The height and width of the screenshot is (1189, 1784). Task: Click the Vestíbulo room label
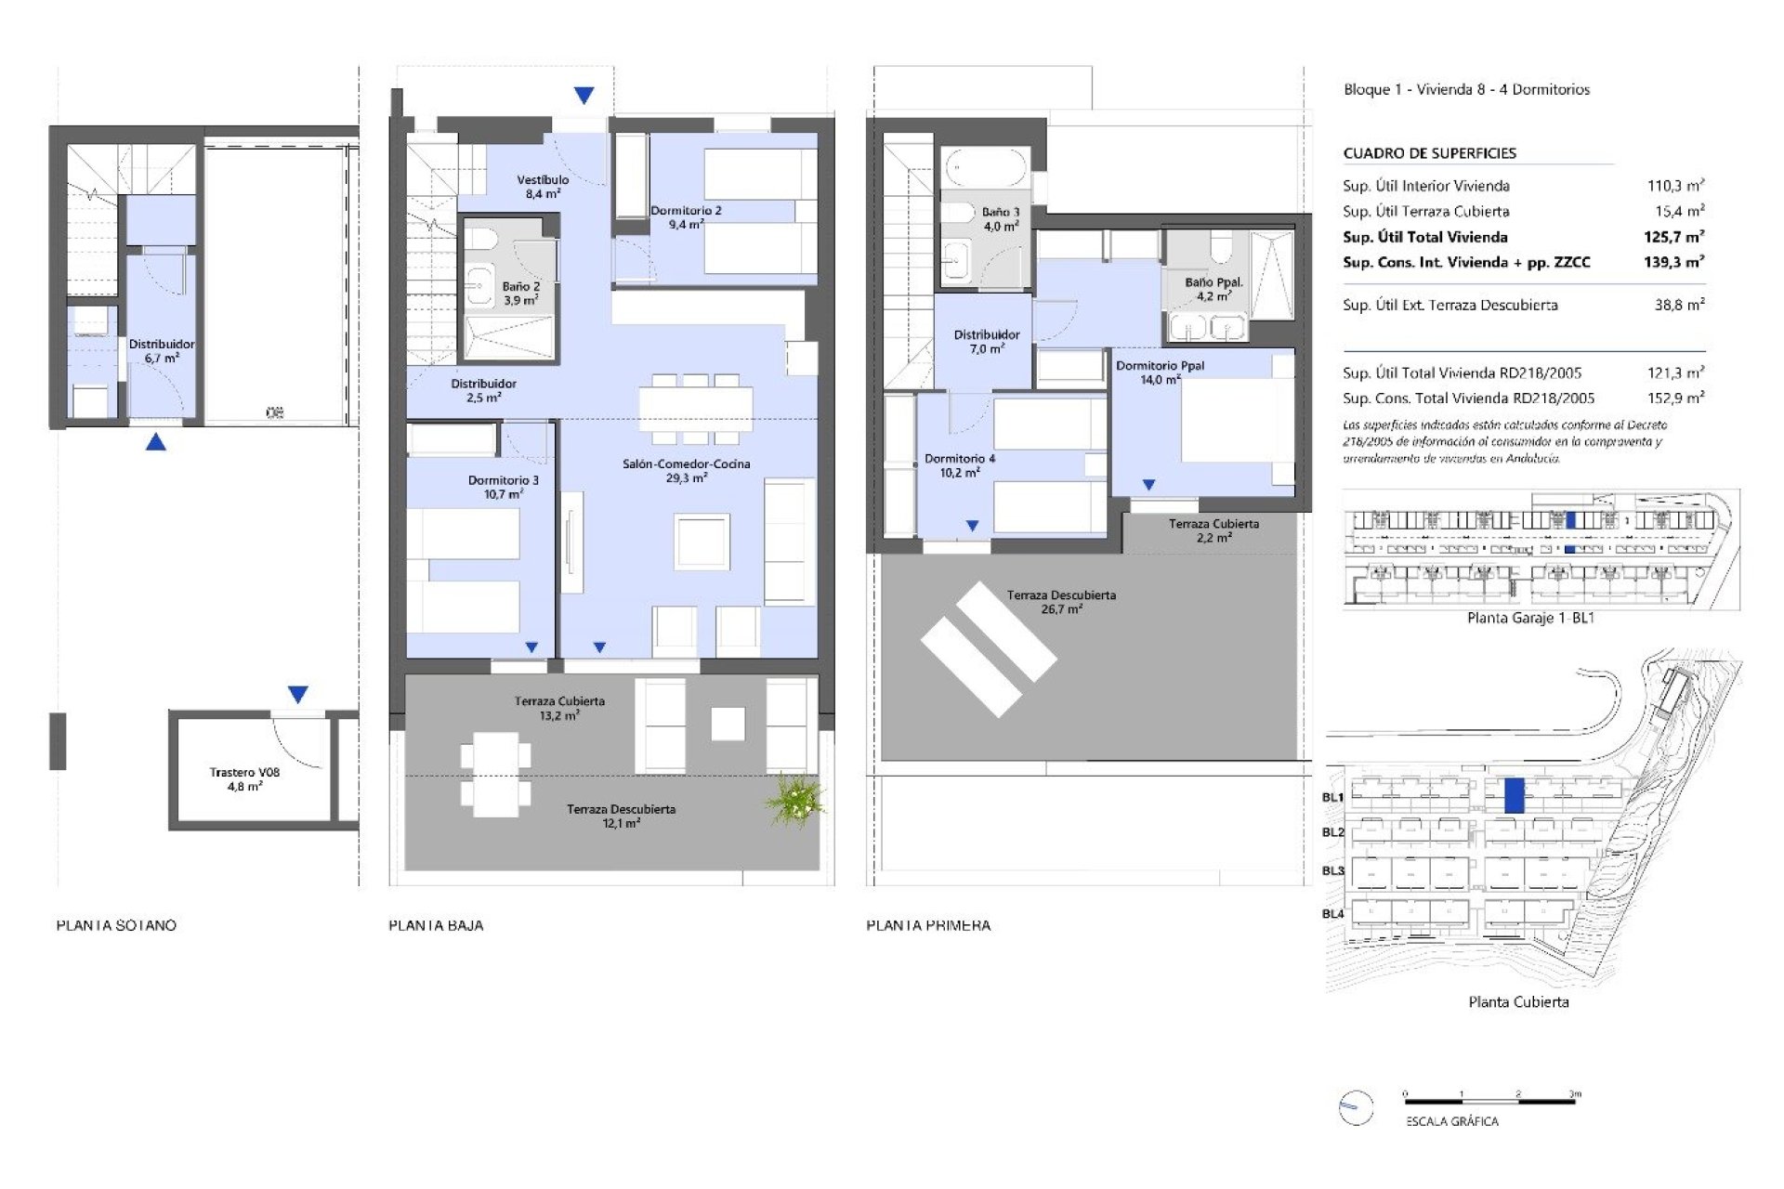[x=543, y=187]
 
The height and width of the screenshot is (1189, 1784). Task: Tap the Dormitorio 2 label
[x=686, y=217]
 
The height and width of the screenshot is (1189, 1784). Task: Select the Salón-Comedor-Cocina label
[x=686, y=470]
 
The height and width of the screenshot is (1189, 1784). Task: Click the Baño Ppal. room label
[x=1213, y=289]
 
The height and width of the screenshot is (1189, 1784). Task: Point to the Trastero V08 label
[x=244, y=778]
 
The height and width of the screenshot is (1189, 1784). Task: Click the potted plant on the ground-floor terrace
[x=794, y=800]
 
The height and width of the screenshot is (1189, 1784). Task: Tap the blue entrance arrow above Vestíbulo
[x=584, y=95]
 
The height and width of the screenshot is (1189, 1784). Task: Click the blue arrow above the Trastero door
[x=297, y=694]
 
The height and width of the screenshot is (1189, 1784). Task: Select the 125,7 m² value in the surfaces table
[x=1673, y=237]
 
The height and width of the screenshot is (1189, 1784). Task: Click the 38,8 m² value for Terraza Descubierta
[x=1679, y=305]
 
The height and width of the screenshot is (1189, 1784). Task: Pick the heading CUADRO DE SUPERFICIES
[x=1429, y=153]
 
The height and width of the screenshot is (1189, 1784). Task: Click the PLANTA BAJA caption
[x=436, y=925]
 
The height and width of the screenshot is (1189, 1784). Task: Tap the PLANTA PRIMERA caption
[x=928, y=925]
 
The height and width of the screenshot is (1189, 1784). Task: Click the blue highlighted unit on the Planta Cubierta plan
[x=1514, y=796]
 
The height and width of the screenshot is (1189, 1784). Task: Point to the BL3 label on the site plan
[x=1332, y=870]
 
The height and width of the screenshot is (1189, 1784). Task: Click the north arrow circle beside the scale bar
[x=1356, y=1107]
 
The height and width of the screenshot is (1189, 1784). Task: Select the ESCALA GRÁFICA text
[x=1451, y=1121]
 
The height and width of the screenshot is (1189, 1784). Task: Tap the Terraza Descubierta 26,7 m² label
[x=1061, y=602]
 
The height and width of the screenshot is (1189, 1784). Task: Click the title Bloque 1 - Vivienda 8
[x=1466, y=89]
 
